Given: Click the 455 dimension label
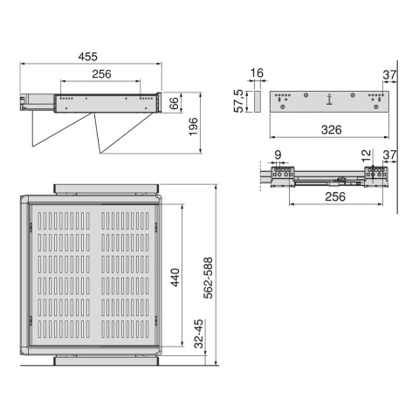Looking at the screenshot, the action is click(x=87, y=57).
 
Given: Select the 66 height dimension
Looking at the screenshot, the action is click(x=174, y=103).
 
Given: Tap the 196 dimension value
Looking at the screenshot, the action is click(x=193, y=127).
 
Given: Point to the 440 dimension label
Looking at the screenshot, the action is click(x=175, y=278).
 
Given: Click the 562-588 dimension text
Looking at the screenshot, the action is click(x=208, y=278).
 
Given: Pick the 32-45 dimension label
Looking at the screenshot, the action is click(x=199, y=333).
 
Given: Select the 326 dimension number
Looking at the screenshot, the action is click(x=331, y=129).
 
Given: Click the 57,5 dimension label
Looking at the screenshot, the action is click(x=238, y=100).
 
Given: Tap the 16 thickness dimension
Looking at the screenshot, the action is click(x=257, y=72).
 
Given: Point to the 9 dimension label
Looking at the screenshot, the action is click(x=278, y=155).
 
